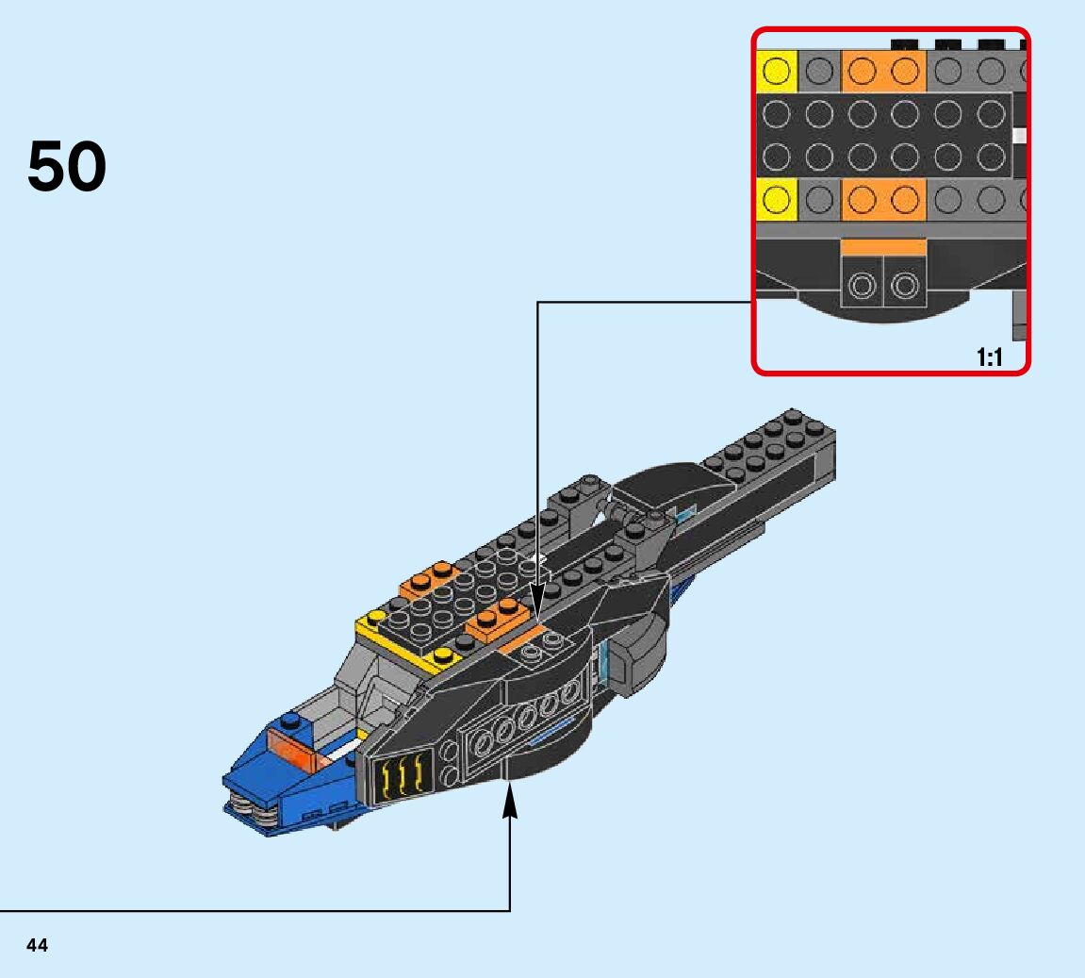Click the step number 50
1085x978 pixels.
tap(67, 166)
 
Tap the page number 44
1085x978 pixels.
tap(38, 945)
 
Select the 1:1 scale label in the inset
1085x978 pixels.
tap(990, 356)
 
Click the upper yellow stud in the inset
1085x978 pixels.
tap(776, 70)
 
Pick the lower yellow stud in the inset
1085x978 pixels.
tap(776, 199)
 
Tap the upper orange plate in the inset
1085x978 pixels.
tap(883, 70)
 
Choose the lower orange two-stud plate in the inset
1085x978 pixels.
tap(883, 199)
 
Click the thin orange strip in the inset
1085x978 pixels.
tap(883, 246)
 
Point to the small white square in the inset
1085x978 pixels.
tap(1019, 136)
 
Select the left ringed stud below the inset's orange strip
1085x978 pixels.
tap(862, 283)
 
